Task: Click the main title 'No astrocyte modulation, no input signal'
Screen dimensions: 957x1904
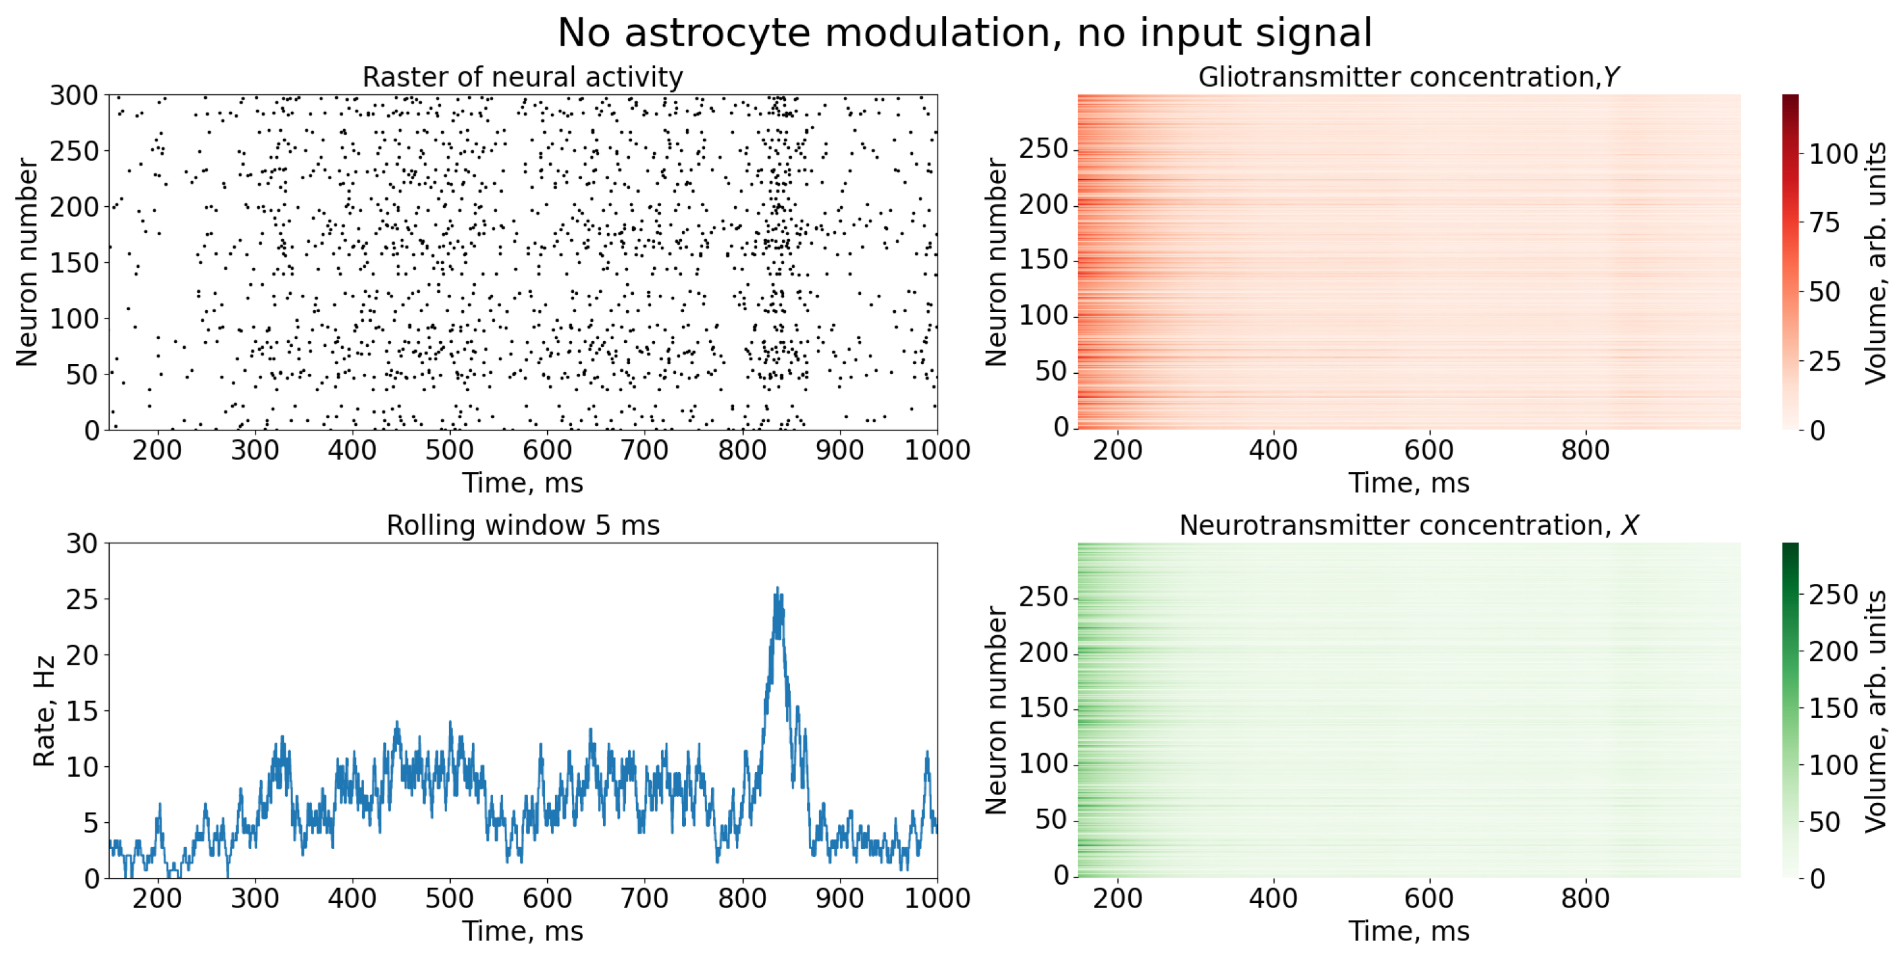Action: click(x=964, y=33)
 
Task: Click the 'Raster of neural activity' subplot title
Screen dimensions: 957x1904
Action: click(x=522, y=77)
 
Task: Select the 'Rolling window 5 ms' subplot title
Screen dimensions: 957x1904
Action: click(x=522, y=525)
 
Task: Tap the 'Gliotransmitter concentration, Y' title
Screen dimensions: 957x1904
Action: click(x=1408, y=77)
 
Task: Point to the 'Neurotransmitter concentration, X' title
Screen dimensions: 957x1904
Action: click(x=1408, y=525)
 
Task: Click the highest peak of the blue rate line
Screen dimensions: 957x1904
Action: click(x=776, y=589)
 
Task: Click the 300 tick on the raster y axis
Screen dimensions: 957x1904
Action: click(x=73, y=95)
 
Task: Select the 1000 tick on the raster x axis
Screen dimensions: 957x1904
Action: click(x=936, y=450)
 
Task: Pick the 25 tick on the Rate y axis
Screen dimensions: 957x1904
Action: click(x=82, y=599)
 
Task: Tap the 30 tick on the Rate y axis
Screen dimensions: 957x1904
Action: click(x=82, y=544)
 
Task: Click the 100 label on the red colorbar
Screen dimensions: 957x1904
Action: click(x=1832, y=154)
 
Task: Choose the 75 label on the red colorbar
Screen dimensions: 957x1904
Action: click(x=1824, y=223)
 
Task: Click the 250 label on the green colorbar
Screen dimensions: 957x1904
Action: click(x=1832, y=595)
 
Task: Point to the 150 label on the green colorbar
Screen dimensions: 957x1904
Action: click(x=1832, y=708)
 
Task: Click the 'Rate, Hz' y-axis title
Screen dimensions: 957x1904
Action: click(x=44, y=711)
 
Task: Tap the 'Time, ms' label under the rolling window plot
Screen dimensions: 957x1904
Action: click(x=522, y=931)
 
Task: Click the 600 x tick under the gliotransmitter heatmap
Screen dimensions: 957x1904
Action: click(x=1428, y=450)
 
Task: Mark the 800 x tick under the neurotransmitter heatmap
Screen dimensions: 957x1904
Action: click(x=1584, y=899)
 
